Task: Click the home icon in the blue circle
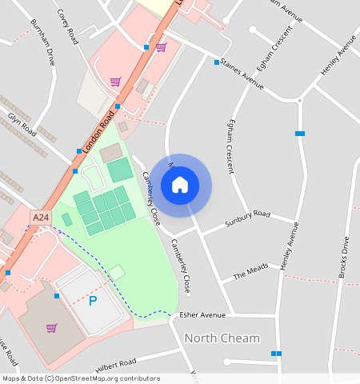click(180, 185)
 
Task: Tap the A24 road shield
click(40, 217)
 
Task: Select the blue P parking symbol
click(92, 301)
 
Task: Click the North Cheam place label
click(222, 338)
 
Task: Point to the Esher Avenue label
click(203, 315)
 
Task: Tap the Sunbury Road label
click(248, 217)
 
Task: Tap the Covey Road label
click(68, 26)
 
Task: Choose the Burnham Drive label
click(42, 42)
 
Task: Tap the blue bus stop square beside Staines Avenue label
click(216, 62)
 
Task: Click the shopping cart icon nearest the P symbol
click(52, 327)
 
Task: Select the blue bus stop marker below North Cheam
click(276, 353)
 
